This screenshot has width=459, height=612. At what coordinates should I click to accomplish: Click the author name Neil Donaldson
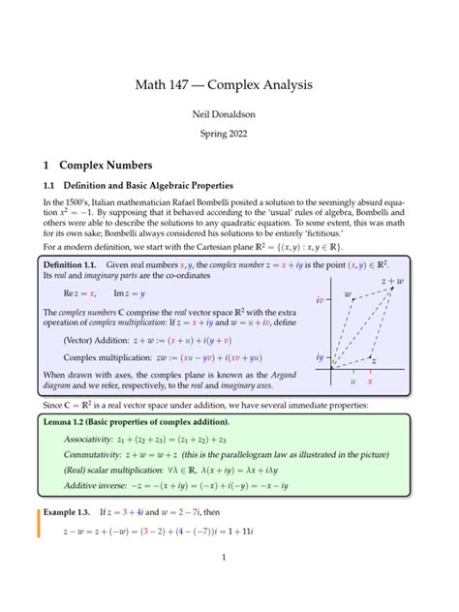[x=229, y=115]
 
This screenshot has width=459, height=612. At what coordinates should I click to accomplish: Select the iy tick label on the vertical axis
[x=319, y=357]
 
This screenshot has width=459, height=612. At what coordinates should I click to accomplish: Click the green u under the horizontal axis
[x=352, y=381]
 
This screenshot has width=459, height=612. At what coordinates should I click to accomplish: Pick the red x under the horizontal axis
[x=370, y=381]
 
